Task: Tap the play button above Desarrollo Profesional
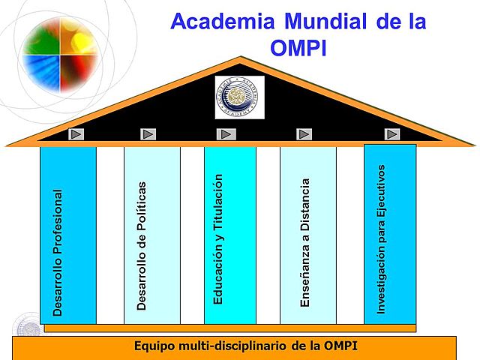point(77,134)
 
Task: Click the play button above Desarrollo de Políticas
point(148,134)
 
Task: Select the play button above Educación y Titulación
point(226,134)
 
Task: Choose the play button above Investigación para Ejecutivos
point(392,134)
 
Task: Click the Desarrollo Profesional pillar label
point(58,251)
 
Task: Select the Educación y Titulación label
point(218,238)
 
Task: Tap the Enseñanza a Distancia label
point(305,242)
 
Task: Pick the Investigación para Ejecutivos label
point(381,238)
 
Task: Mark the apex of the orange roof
point(240,58)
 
